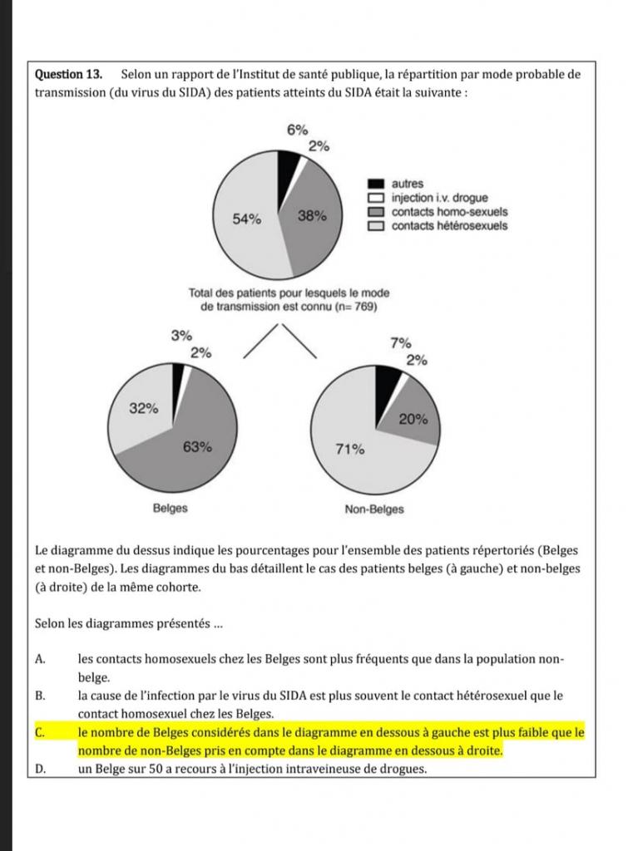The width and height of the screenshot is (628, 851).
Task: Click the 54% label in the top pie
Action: [247, 219]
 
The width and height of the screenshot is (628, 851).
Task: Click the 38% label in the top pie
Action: [312, 216]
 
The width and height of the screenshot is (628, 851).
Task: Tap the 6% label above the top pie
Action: [297, 130]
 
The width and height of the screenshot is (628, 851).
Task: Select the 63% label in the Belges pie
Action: [197, 446]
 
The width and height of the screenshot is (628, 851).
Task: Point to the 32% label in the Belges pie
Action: [143, 408]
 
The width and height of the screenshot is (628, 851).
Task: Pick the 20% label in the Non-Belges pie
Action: [413, 419]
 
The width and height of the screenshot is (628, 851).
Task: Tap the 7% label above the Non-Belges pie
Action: [400, 342]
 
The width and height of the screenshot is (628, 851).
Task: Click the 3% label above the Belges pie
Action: [180, 336]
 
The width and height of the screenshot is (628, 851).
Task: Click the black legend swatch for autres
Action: [376, 184]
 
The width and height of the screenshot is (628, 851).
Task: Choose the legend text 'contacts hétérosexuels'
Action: [449, 225]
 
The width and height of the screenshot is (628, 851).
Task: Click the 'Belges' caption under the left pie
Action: [170, 509]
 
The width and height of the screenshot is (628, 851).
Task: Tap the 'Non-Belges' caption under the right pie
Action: [374, 509]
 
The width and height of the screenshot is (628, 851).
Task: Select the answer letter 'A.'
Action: [41, 659]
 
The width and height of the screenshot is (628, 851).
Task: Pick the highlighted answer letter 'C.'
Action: [41, 732]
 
